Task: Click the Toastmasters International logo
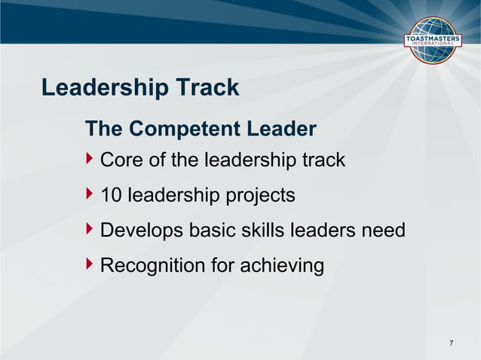pos(434,39)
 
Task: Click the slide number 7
pos(452,344)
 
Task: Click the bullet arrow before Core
pos(90,160)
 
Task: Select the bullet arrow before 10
pos(90,195)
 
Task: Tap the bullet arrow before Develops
pos(90,230)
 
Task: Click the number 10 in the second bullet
pos(112,196)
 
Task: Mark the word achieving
pos(284,267)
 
